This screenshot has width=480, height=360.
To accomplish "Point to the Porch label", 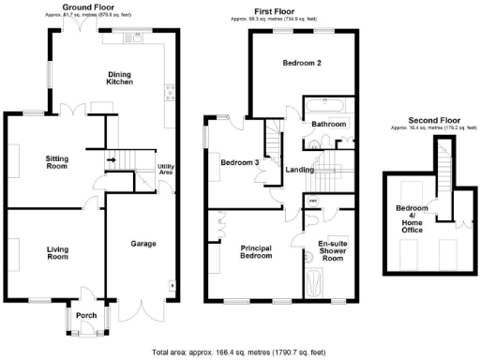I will point(86,315).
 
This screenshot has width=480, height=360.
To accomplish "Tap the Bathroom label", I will point(329,124).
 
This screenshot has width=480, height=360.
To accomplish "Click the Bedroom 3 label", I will point(239,162).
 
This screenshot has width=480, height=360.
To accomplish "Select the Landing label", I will point(300,170).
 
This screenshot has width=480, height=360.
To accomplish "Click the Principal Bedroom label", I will point(256,251).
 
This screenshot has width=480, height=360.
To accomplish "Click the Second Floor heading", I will point(428,120).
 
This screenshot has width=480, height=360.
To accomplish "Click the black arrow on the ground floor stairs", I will point(112,160).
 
